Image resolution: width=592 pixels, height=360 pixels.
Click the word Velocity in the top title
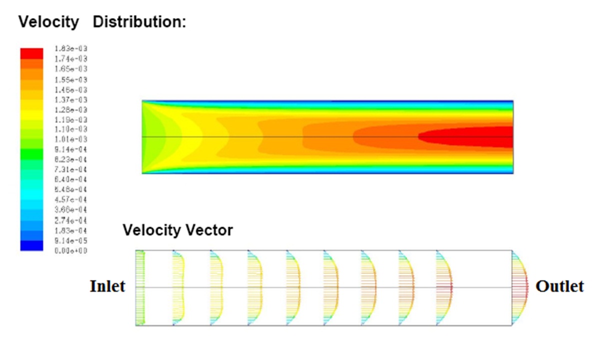coord(48,22)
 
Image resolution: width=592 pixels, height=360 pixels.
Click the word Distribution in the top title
coord(139,22)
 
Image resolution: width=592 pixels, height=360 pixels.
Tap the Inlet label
coord(107,286)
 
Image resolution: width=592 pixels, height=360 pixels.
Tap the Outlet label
coord(559,286)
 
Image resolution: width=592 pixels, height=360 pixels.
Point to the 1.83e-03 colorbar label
coord(70,49)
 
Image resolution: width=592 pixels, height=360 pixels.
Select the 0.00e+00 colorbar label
coord(70,250)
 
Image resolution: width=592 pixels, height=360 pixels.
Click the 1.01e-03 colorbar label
coord(70,139)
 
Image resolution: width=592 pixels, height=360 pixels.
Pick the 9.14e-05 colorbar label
coord(70,240)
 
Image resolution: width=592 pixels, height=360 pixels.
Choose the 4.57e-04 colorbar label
coord(70,200)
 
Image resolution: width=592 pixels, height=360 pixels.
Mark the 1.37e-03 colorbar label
coord(70,99)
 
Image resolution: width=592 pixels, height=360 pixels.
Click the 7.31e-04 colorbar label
coord(70,170)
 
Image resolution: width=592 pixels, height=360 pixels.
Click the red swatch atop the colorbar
coord(31,53)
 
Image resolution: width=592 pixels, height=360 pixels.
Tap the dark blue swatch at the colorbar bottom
coord(31,245)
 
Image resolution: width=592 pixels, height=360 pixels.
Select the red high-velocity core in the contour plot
coord(470,137)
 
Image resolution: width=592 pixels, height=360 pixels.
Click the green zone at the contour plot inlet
coord(150,137)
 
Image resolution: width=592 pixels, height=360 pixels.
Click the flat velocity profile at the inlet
coord(140,287)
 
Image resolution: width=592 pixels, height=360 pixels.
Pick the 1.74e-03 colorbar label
coord(70,59)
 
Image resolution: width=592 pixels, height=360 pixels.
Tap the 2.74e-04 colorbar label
coord(70,220)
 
